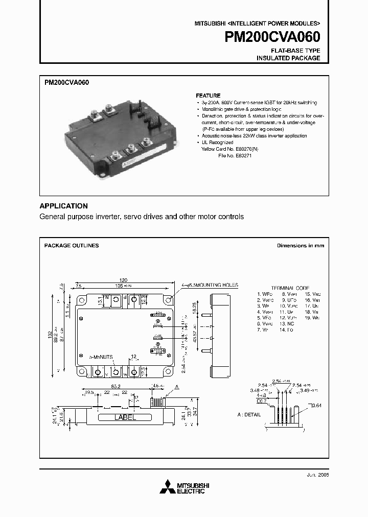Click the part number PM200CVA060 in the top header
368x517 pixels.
point(272,37)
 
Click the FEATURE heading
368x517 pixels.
point(208,96)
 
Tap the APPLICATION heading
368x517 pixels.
point(64,206)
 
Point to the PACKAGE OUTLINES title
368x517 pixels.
point(72,246)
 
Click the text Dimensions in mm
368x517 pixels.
point(301,246)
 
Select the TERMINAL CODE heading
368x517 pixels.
point(290,288)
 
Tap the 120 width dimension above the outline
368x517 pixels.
point(124,280)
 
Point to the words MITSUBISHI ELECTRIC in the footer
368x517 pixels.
point(190,488)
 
